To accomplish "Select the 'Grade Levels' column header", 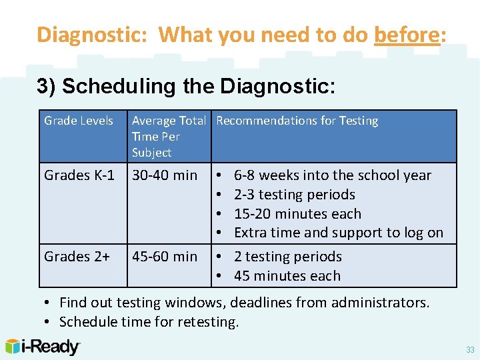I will [x=79, y=121].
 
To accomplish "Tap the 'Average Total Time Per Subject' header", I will [x=169, y=137].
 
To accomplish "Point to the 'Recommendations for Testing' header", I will [x=297, y=121].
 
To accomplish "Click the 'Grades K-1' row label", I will [x=79, y=175].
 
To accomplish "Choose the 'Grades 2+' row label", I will [x=77, y=257].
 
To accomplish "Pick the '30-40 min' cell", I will [x=165, y=175].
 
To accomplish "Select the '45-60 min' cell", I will [x=165, y=257].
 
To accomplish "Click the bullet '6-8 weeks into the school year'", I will [x=332, y=175].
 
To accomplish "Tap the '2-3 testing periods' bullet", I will [x=294, y=195].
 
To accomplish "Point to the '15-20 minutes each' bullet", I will [x=297, y=214].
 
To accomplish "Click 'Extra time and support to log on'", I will [x=338, y=233].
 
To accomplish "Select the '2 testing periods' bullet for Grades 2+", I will [x=287, y=257].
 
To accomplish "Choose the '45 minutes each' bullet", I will [x=287, y=276].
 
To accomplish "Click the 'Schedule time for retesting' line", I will [x=149, y=323].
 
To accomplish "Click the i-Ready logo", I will [x=43, y=347].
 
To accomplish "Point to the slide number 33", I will [x=470, y=350].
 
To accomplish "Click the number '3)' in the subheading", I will [x=46, y=87].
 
